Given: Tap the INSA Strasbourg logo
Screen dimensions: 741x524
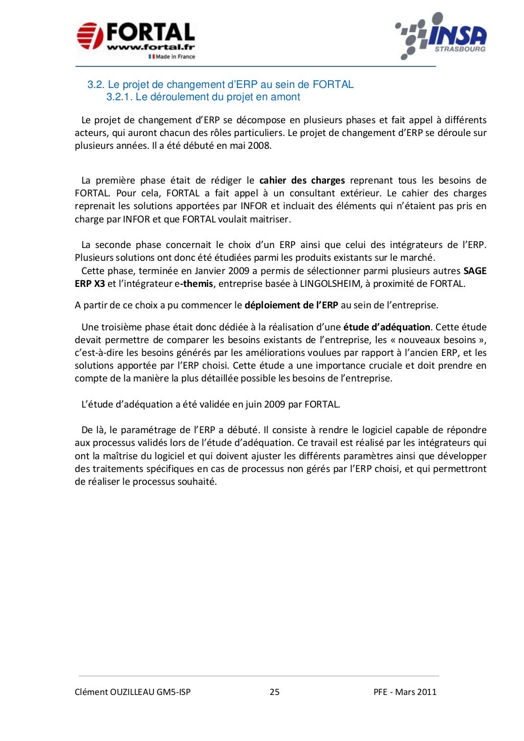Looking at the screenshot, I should (x=442, y=36).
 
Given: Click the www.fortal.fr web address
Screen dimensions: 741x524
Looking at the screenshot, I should (x=150, y=48).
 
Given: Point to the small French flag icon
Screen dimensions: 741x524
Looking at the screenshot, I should (x=151, y=57).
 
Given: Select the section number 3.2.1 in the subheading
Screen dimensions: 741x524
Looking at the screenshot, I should (x=119, y=97).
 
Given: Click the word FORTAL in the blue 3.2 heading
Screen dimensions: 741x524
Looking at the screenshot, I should (x=333, y=84).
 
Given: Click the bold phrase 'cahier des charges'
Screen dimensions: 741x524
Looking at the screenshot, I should (x=302, y=181).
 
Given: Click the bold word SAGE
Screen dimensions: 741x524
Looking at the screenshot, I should (x=474, y=271).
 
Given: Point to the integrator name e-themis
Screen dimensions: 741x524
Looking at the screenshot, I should (x=190, y=284).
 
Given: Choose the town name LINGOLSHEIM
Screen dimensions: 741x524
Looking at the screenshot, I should (x=330, y=284).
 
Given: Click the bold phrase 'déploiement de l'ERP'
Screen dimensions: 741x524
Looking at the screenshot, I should (x=291, y=305).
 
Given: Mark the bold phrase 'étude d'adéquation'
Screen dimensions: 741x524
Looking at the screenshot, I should (x=386, y=327).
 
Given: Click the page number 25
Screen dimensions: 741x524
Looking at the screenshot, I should (x=274, y=692).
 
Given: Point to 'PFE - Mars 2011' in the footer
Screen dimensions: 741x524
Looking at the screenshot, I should (x=405, y=692).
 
